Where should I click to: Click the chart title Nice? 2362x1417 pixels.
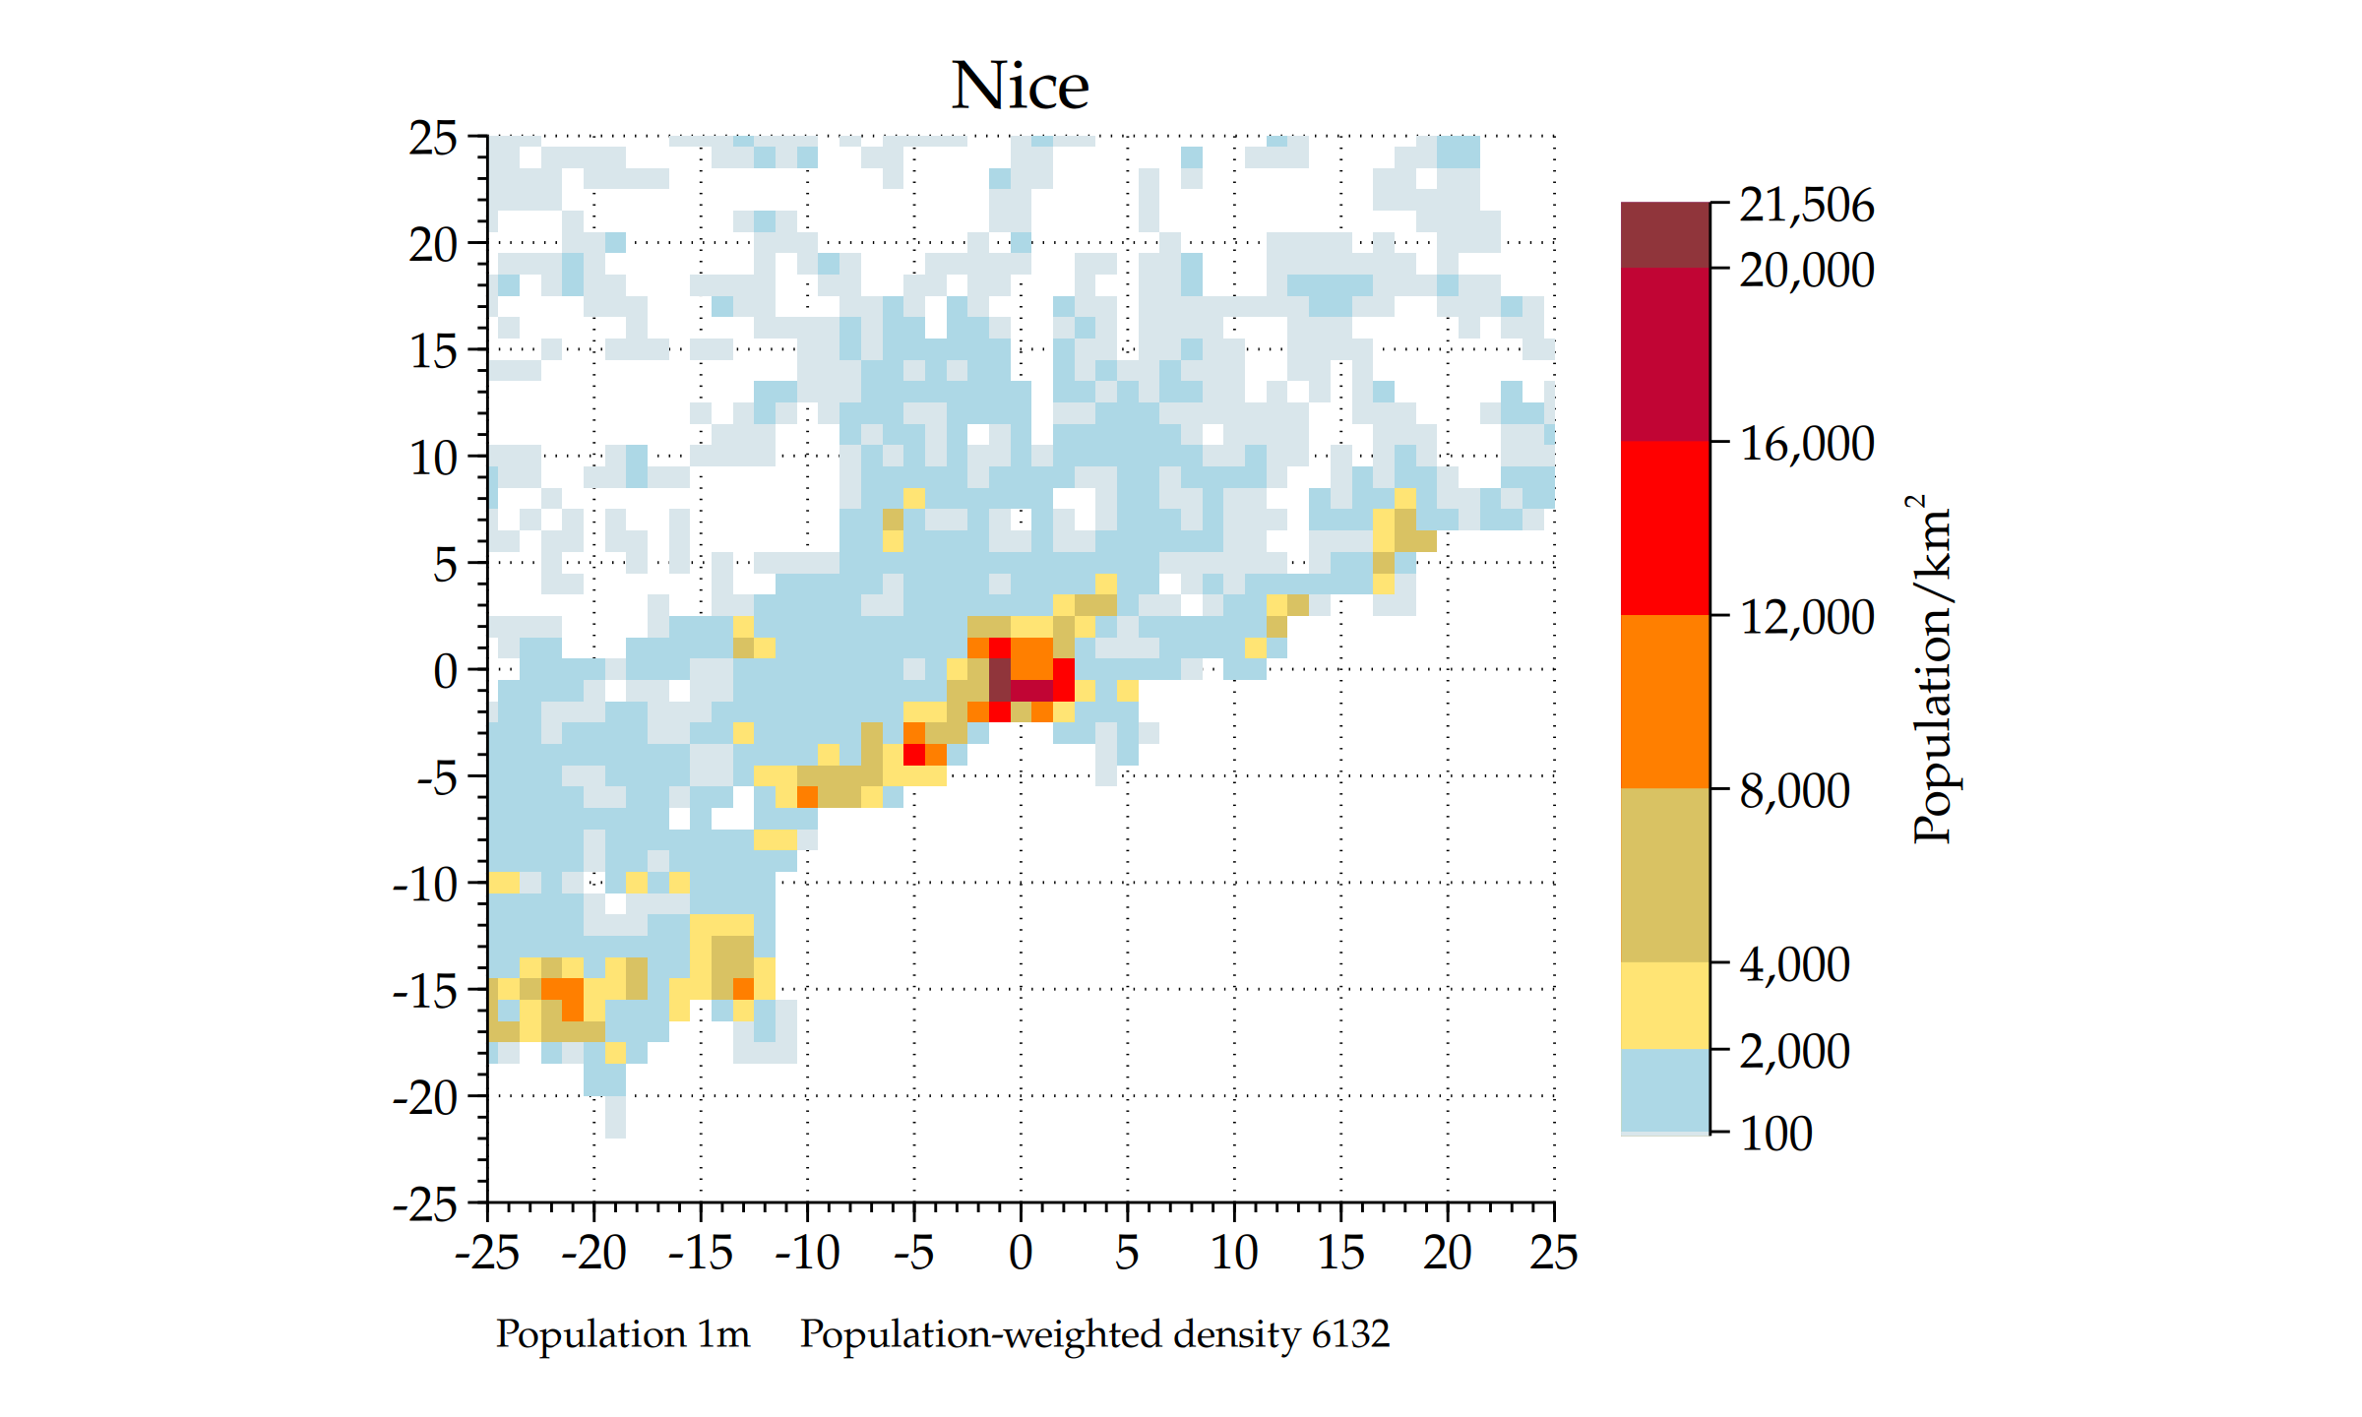pyautogui.click(x=1020, y=86)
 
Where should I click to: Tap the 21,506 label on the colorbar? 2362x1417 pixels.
pyautogui.click(x=1806, y=206)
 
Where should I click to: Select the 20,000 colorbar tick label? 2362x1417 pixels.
pyautogui.click(x=1806, y=270)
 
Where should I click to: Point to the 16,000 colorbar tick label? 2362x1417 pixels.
pyautogui.click(x=1806, y=444)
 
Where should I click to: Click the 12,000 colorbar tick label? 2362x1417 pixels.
pyautogui.click(x=1806, y=617)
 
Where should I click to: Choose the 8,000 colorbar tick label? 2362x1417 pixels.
pyautogui.click(x=1794, y=791)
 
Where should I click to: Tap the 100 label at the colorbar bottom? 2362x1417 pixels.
pyautogui.click(x=1775, y=1134)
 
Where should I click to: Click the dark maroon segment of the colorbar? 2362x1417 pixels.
pyautogui.click(x=1664, y=234)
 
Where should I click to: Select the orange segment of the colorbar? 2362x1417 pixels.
pyautogui.click(x=1664, y=701)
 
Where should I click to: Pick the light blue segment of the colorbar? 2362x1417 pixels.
pyautogui.click(x=1664, y=1089)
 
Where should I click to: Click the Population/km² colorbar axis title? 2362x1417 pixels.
pyautogui.click(x=1932, y=669)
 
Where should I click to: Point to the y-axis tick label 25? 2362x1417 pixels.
pyautogui.click(x=433, y=139)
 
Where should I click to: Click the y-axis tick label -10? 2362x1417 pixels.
pyautogui.click(x=425, y=885)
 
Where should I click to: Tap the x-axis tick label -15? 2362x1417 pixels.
pyautogui.click(x=700, y=1254)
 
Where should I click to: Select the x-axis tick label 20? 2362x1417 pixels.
pyautogui.click(x=1447, y=1254)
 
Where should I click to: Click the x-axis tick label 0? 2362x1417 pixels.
pyautogui.click(x=1021, y=1254)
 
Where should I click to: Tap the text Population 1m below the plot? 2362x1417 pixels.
pyautogui.click(x=623, y=1334)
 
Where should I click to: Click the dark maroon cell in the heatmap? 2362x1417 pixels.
pyautogui.click(x=999, y=679)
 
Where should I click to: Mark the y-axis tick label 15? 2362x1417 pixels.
pyautogui.click(x=433, y=351)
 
